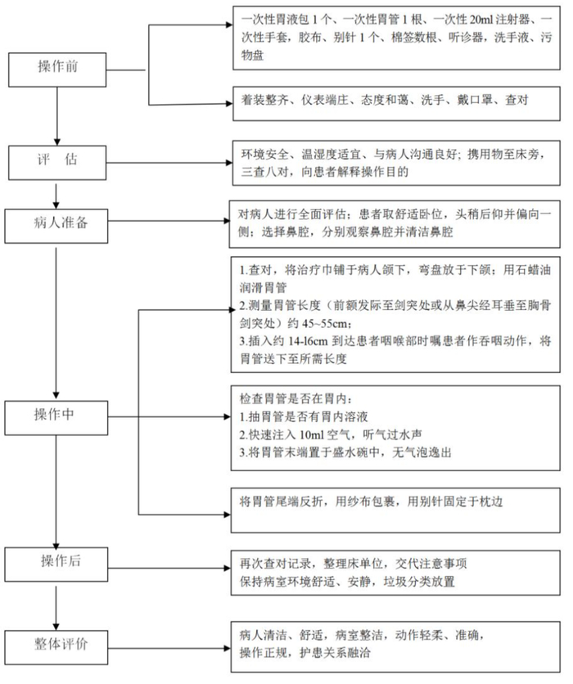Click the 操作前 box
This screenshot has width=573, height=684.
click(x=57, y=65)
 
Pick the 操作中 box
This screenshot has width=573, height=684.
click(x=57, y=414)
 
